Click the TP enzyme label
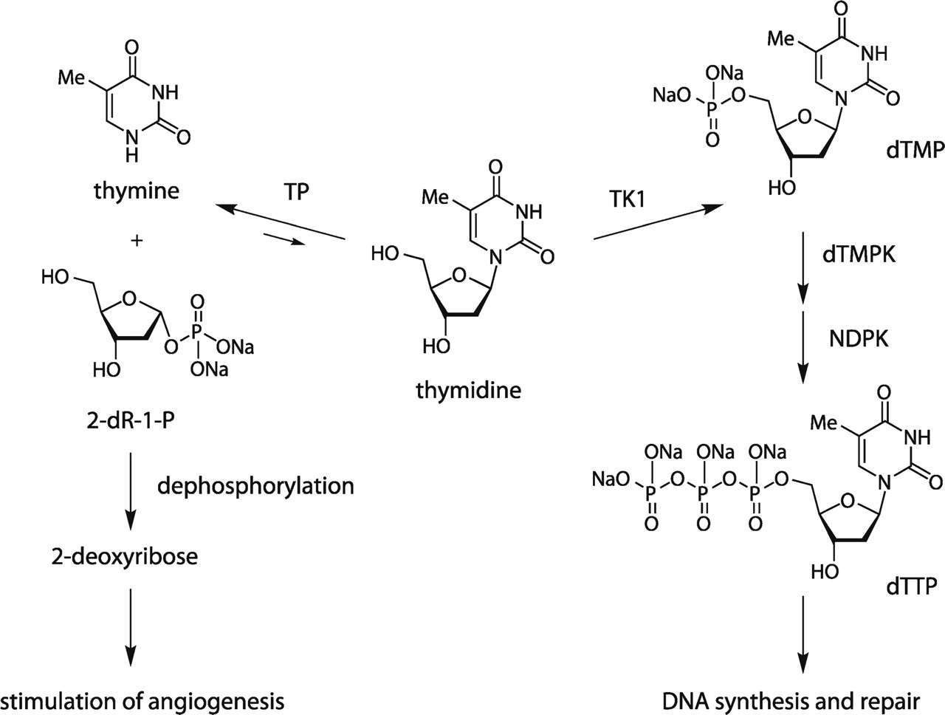pos(296,191)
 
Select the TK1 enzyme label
pos(628,199)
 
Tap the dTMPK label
pos(859,255)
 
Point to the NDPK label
pos(859,339)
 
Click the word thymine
pos(137,191)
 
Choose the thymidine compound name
pos(468,390)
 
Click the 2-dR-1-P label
pos(131,420)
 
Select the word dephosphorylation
pos(255,486)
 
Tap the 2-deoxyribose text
pos(125,556)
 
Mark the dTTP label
pos(912,586)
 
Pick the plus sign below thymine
pos(137,240)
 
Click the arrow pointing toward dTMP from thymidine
pos(659,222)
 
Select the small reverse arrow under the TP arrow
pos(284,239)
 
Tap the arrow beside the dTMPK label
pos(803,268)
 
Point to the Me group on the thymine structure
pos(72,78)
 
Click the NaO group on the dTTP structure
pos(611,479)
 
